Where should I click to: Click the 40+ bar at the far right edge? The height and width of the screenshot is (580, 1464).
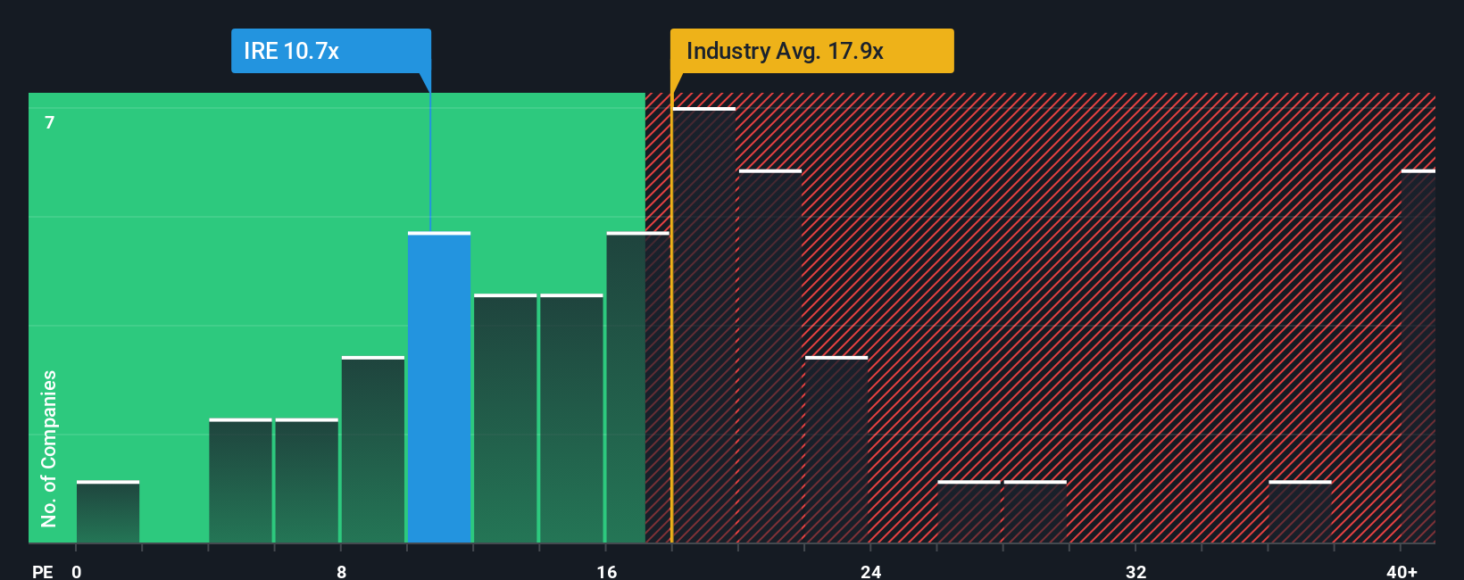[x=1418, y=357]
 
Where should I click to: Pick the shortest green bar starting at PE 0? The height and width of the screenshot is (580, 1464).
[x=108, y=512]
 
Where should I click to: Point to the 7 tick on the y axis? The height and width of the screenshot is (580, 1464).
[x=50, y=122]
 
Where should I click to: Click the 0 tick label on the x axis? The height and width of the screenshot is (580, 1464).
[x=77, y=571]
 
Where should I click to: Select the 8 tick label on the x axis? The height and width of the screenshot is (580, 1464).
[x=341, y=571]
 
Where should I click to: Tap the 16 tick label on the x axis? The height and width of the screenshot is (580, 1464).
[x=606, y=571]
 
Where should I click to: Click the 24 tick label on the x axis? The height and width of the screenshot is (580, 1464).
[x=871, y=571]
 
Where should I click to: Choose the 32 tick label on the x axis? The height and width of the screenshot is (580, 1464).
[x=1135, y=571]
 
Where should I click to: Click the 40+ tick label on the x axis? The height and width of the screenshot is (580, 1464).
[x=1402, y=571]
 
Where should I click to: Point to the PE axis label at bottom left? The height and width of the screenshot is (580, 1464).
[x=42, y=571]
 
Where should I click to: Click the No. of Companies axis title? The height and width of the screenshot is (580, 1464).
[x=49, y=448]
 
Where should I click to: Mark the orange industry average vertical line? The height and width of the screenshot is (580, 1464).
[x=671, y=312]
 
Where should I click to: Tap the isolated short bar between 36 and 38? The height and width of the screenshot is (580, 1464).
[x=1300, y=512]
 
